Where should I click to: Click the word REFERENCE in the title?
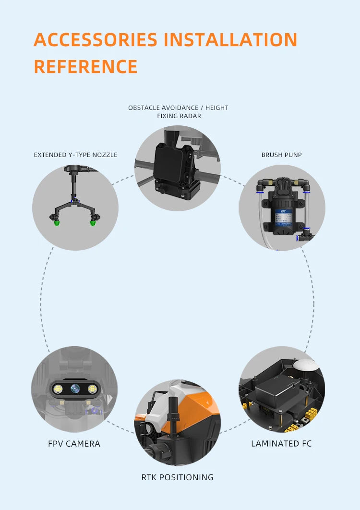[85, 66]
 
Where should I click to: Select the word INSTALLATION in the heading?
[230, 39]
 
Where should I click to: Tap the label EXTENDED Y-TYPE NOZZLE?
[75, 155]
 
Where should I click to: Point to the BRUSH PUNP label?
[281, 155]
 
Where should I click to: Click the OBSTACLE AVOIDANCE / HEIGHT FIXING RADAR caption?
[178, 111]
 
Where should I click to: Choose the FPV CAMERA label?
[74, 444]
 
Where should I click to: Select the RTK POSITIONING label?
[177, 477]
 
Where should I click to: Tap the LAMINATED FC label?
[281, 444]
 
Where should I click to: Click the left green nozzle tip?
[57, 223]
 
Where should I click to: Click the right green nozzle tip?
[93, 222]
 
